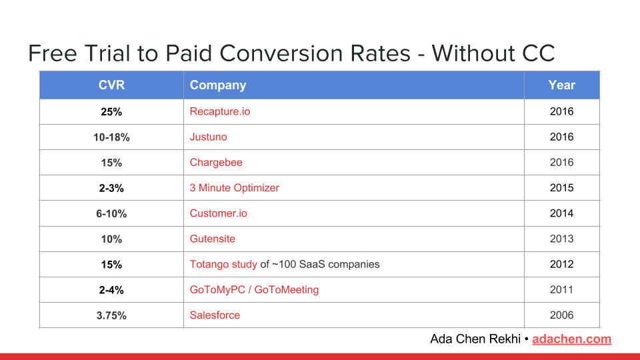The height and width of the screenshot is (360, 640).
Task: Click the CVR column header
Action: click(111, 85)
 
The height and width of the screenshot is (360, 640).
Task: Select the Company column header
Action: click(218, 85)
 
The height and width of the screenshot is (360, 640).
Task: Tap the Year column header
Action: click(561, 85)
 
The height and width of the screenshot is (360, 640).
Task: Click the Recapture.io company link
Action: click(220, 112)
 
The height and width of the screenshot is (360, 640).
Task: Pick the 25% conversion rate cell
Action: click(111, 112)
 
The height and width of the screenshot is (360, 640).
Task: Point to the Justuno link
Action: click(208, 137)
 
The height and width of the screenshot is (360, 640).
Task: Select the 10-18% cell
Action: click(111, 137)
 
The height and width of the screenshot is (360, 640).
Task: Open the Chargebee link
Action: click(216, 163)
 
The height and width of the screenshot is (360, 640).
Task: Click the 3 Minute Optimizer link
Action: click(234, 188)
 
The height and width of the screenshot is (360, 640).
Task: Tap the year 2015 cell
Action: click(561, 188)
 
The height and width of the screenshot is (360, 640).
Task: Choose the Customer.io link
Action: click(219, 213)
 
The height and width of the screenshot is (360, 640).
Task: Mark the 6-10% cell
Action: click(111, 213)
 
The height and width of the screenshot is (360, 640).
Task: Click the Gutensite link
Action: click(212, 239)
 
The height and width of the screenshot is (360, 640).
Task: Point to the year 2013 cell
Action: click(561, 239)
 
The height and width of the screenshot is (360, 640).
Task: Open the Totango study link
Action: click(223, 265)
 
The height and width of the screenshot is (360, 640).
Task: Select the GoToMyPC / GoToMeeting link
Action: click(254, 290)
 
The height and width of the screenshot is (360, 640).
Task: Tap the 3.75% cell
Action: click(111, 315)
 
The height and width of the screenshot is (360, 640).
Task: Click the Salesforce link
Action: click(215, 315)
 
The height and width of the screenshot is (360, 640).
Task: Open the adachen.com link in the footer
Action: click(571, 339)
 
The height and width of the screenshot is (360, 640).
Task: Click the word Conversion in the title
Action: click(315, 53)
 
